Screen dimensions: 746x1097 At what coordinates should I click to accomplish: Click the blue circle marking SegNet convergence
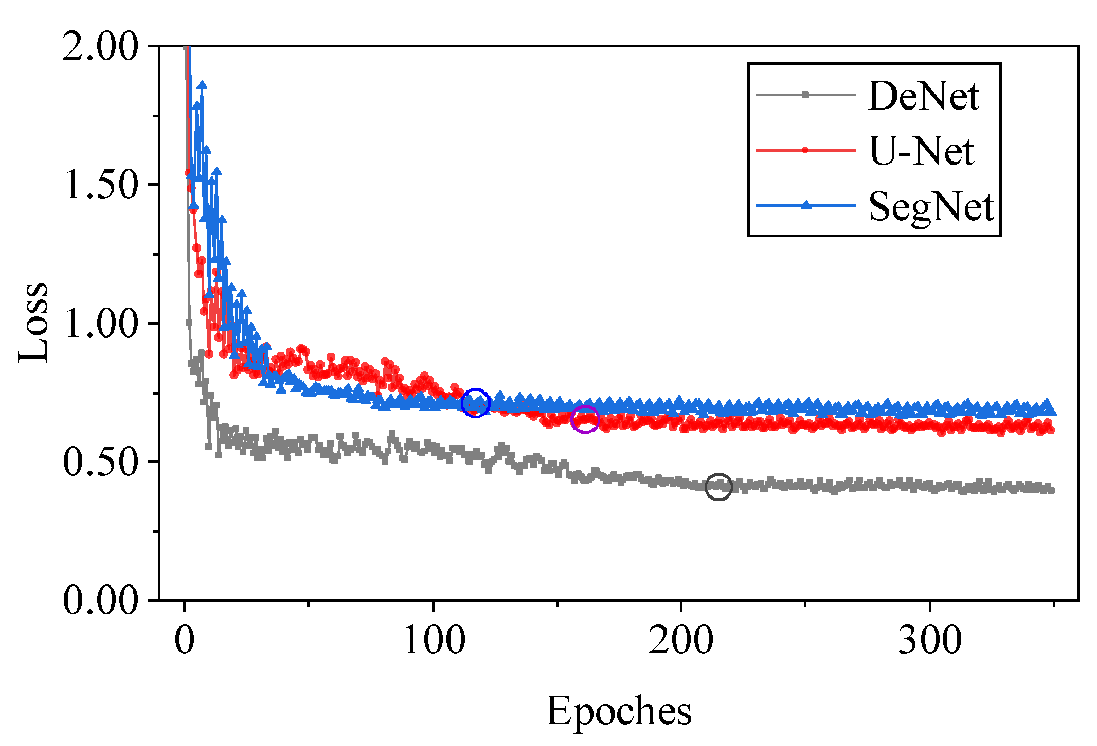tap(475, 403)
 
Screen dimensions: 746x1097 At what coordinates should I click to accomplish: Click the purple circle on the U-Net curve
tap(585, 419)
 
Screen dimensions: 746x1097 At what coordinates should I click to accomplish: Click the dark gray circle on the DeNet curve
tap(718, 486)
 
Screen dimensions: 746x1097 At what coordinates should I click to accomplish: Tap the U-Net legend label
tap(921, 151)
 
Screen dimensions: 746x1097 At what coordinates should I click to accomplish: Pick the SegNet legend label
tap(931, 207)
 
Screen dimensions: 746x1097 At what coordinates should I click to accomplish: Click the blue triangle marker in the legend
tap(806, 205)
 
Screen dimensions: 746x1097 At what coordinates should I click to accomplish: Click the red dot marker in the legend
tap(805, 150)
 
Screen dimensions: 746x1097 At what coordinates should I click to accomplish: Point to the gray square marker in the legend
tap(806, 95)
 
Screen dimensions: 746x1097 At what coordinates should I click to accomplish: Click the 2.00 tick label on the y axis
tap(101, 47)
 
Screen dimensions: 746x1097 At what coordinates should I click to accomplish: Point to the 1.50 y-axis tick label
tap(101, 185)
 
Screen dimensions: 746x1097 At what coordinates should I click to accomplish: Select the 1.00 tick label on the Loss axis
tap(101, 324)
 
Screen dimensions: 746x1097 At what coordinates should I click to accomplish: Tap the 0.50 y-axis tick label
tap(101, 461)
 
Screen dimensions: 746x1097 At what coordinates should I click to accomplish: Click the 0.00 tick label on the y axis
tap(101, 600)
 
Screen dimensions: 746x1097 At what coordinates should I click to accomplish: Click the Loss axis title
tap(33, 323)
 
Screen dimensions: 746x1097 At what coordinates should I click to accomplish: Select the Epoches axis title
tap(619, 712)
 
